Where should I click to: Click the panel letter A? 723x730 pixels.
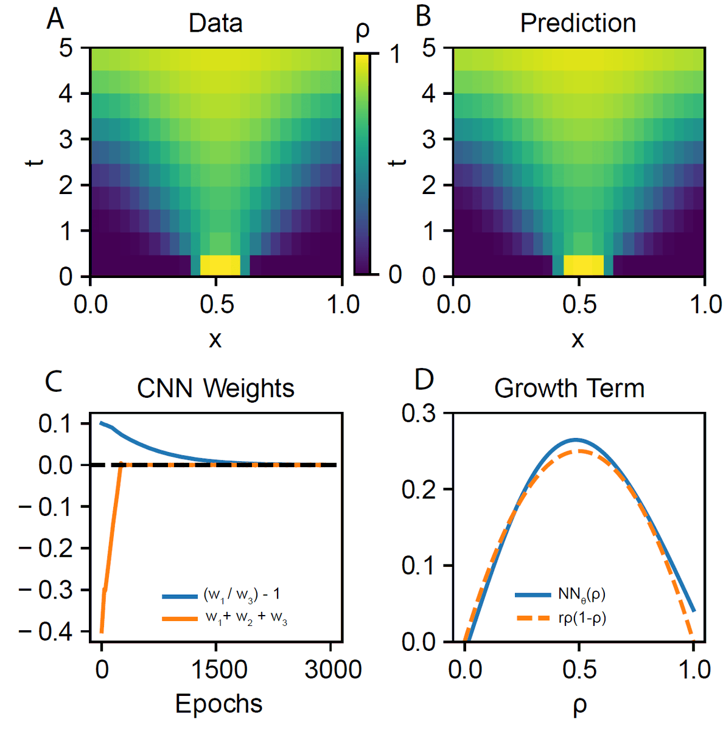55,19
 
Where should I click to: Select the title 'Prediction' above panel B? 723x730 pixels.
578,24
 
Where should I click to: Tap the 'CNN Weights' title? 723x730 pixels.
215,388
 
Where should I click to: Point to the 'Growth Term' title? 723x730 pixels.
569,388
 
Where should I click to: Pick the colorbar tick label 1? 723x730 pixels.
395,55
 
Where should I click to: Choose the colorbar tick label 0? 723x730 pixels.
395,275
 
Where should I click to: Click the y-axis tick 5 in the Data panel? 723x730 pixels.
66,48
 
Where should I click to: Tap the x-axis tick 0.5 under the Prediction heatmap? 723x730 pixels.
579,304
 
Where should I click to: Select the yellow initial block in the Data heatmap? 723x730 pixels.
220,265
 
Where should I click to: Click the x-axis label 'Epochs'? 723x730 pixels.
218,704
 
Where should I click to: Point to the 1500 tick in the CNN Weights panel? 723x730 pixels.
218,670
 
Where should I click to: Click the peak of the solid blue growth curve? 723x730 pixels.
576,439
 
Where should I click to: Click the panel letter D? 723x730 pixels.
424,380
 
